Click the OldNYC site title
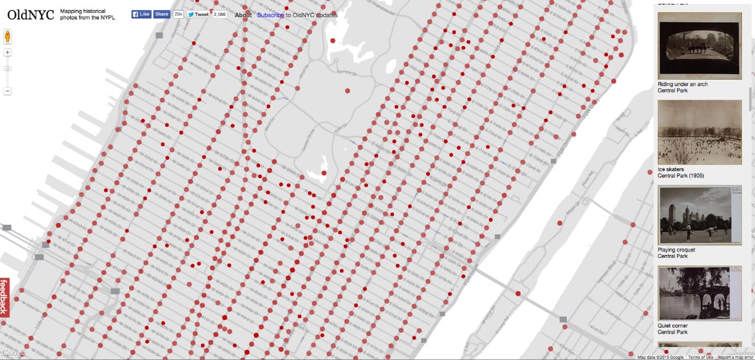click(x=31, y=15)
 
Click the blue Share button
click(x=161, y=14)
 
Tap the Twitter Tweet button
click(x=198, y=14)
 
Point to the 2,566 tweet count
click(x=220, y=14)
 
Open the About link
click(x=243, y=15)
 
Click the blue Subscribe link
click(x=270, y=15)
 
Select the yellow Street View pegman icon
click(x=8, y=37)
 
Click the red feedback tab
click(x=5, y=297)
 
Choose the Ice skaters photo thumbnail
click(x=699, y=132)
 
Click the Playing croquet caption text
click(x=676, y=250)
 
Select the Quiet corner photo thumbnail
click(x=699, y=293)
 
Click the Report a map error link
click(x=736, y=357)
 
